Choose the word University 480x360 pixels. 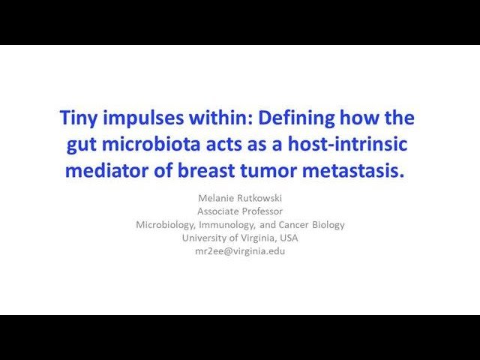(205, 238)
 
